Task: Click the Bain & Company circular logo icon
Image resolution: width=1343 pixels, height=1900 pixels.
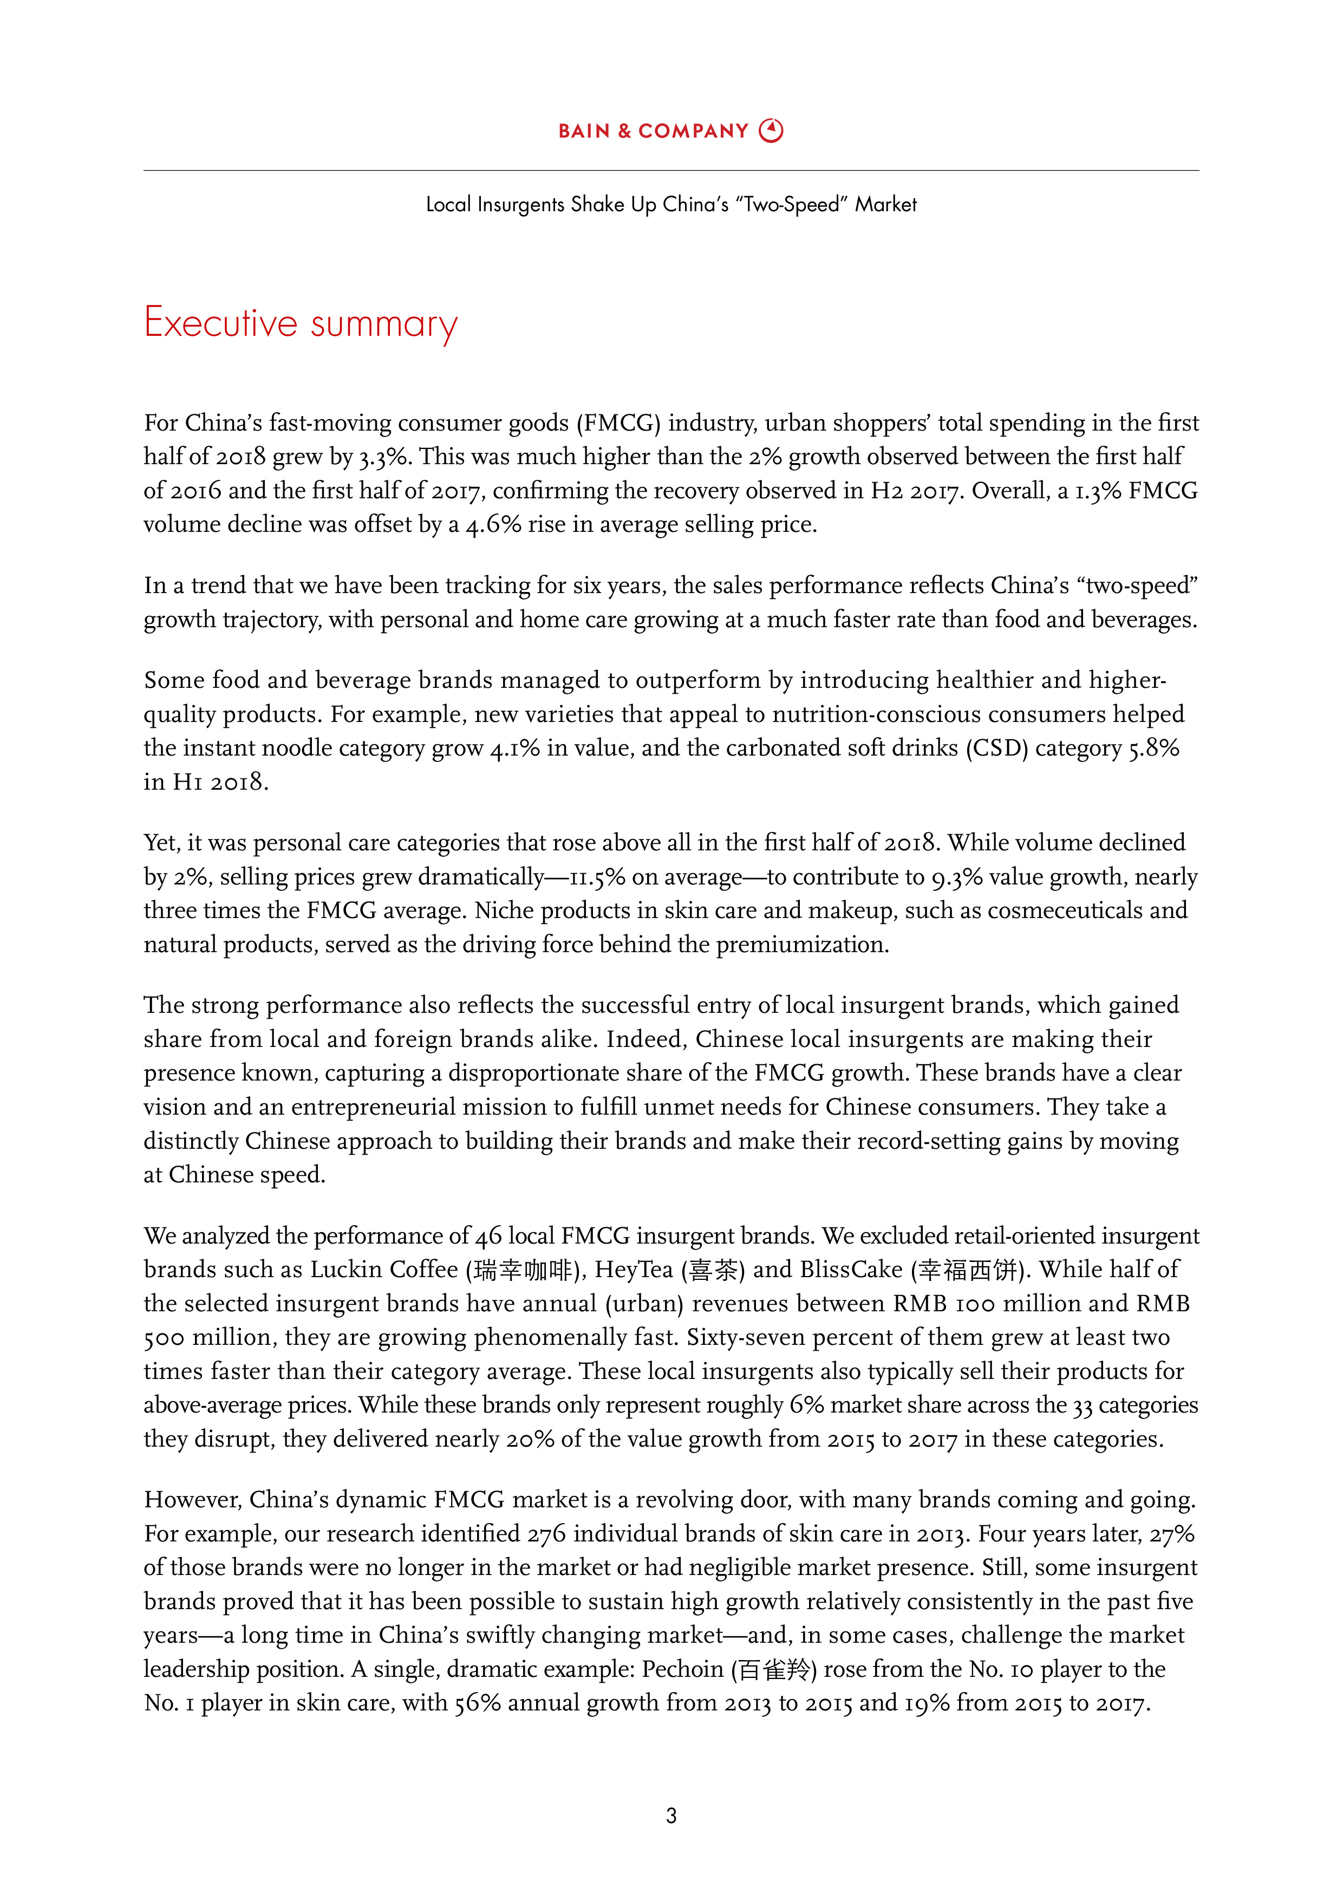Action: [x=771, y=131]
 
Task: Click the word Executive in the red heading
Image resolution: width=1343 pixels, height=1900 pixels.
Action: [x=220, y=323]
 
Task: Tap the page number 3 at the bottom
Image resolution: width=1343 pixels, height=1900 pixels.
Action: [x=671, y=1816]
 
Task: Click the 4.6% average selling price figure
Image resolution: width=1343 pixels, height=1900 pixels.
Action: [x=493, y=525]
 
